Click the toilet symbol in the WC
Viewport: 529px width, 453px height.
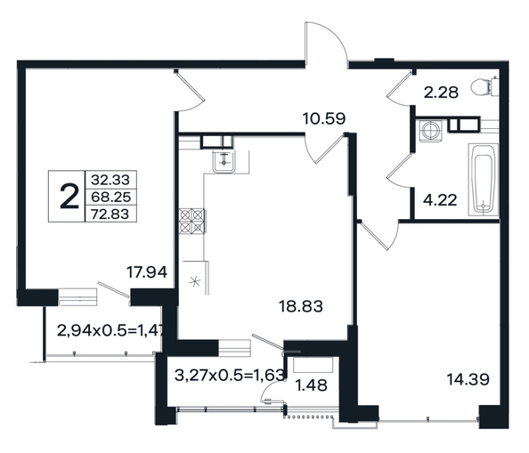pyautogui.click(x=485, y=87)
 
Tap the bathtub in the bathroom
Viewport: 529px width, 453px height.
pyautogui.click(x=483, y=179)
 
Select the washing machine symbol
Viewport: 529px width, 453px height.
pyautogui.click(x=430, y=129)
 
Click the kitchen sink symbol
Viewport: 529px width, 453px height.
pyautogui.click(x=224, y=161)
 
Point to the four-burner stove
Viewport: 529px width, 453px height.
pyautogui.click(x=192, y=222)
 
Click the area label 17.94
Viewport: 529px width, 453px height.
pyautogui.click(x=147, y=272)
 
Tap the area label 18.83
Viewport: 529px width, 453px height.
pyautogui.click(x=301, y=306)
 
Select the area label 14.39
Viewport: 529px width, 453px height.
pyautogui.click(x=468, y=379)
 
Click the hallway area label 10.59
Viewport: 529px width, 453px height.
pyautogui.click(x=324, y=118)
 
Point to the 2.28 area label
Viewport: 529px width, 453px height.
pyautogui.click(x=441, y=93)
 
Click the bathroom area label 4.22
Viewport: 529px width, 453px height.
pyautogui.click(x=440, y=200)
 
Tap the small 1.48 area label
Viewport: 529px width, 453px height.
pyautogui.click(x=311, y=385)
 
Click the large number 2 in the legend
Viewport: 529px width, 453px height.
pyautogui.click(x=69, y=196)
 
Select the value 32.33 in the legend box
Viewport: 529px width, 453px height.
pyautogui.click(x=110, y=180)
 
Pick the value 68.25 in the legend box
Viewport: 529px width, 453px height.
pyautogui.click(x=110, y=197)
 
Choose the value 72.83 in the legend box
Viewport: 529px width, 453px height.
pyautogui.click(x=110, y=214)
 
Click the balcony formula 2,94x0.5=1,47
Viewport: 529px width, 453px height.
pyautogui.click(x=110, y=330)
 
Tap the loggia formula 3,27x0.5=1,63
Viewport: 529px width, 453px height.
pyautogui.click(x=230, y=375)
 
